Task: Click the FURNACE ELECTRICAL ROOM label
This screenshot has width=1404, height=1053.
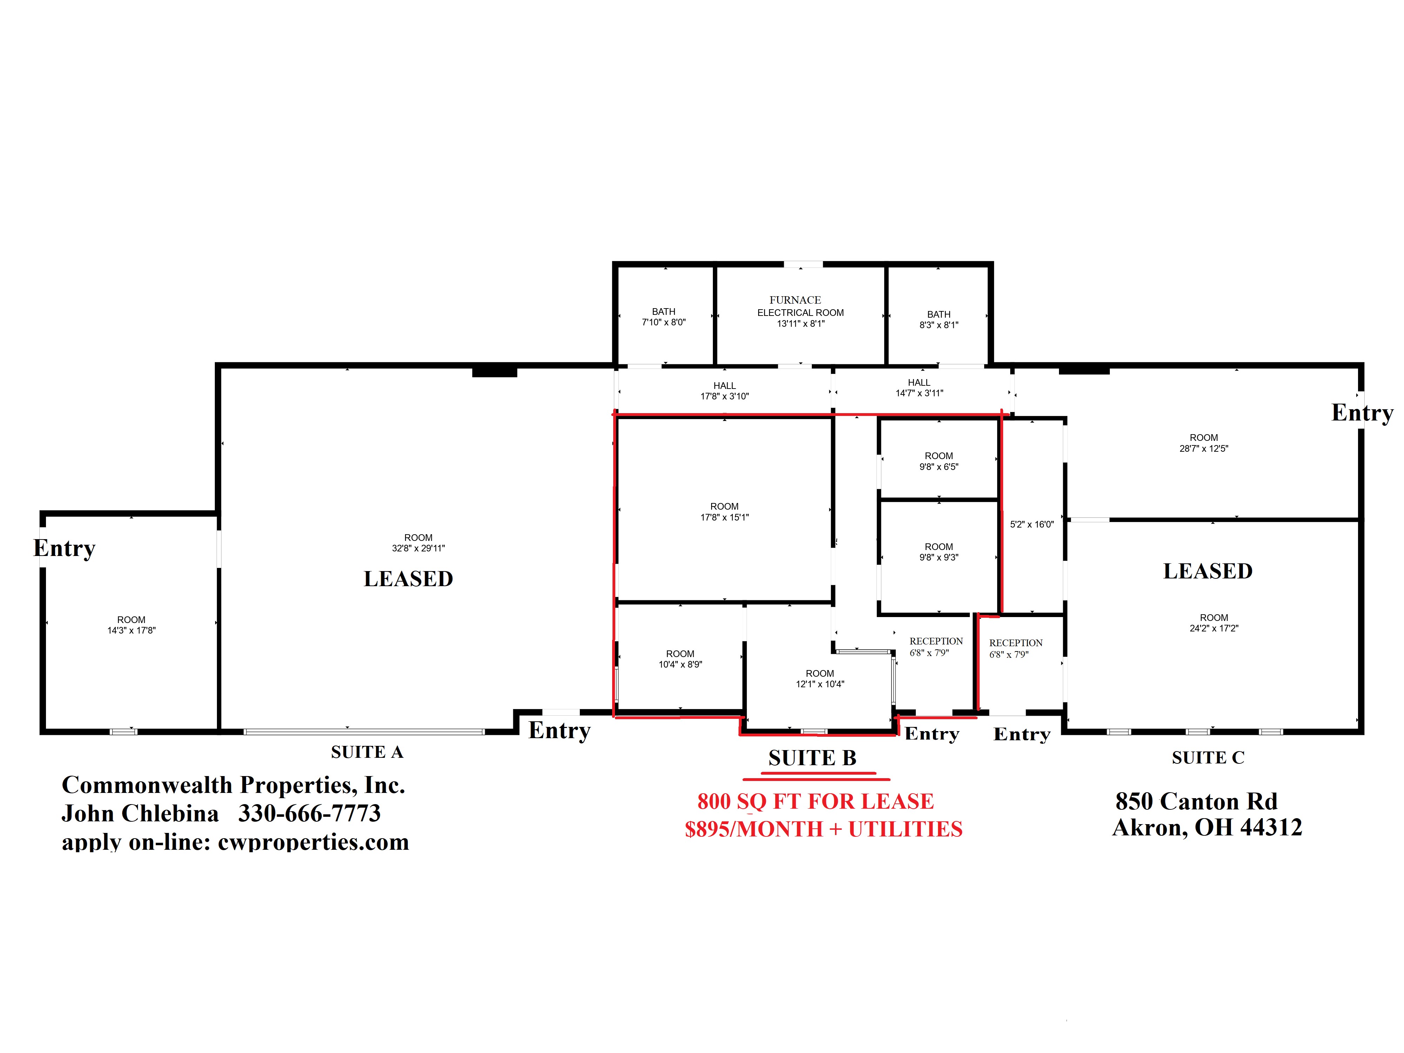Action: pos(800,311)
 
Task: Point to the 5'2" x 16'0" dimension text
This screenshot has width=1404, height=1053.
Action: pos(1032,524)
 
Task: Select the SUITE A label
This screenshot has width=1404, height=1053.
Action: pos(367,752)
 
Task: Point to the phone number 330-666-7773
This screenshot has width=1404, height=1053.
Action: pos(309,813)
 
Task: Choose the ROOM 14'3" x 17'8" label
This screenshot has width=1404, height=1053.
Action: pos(131,624)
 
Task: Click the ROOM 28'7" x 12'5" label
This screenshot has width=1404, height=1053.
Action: pos(1204,442)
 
